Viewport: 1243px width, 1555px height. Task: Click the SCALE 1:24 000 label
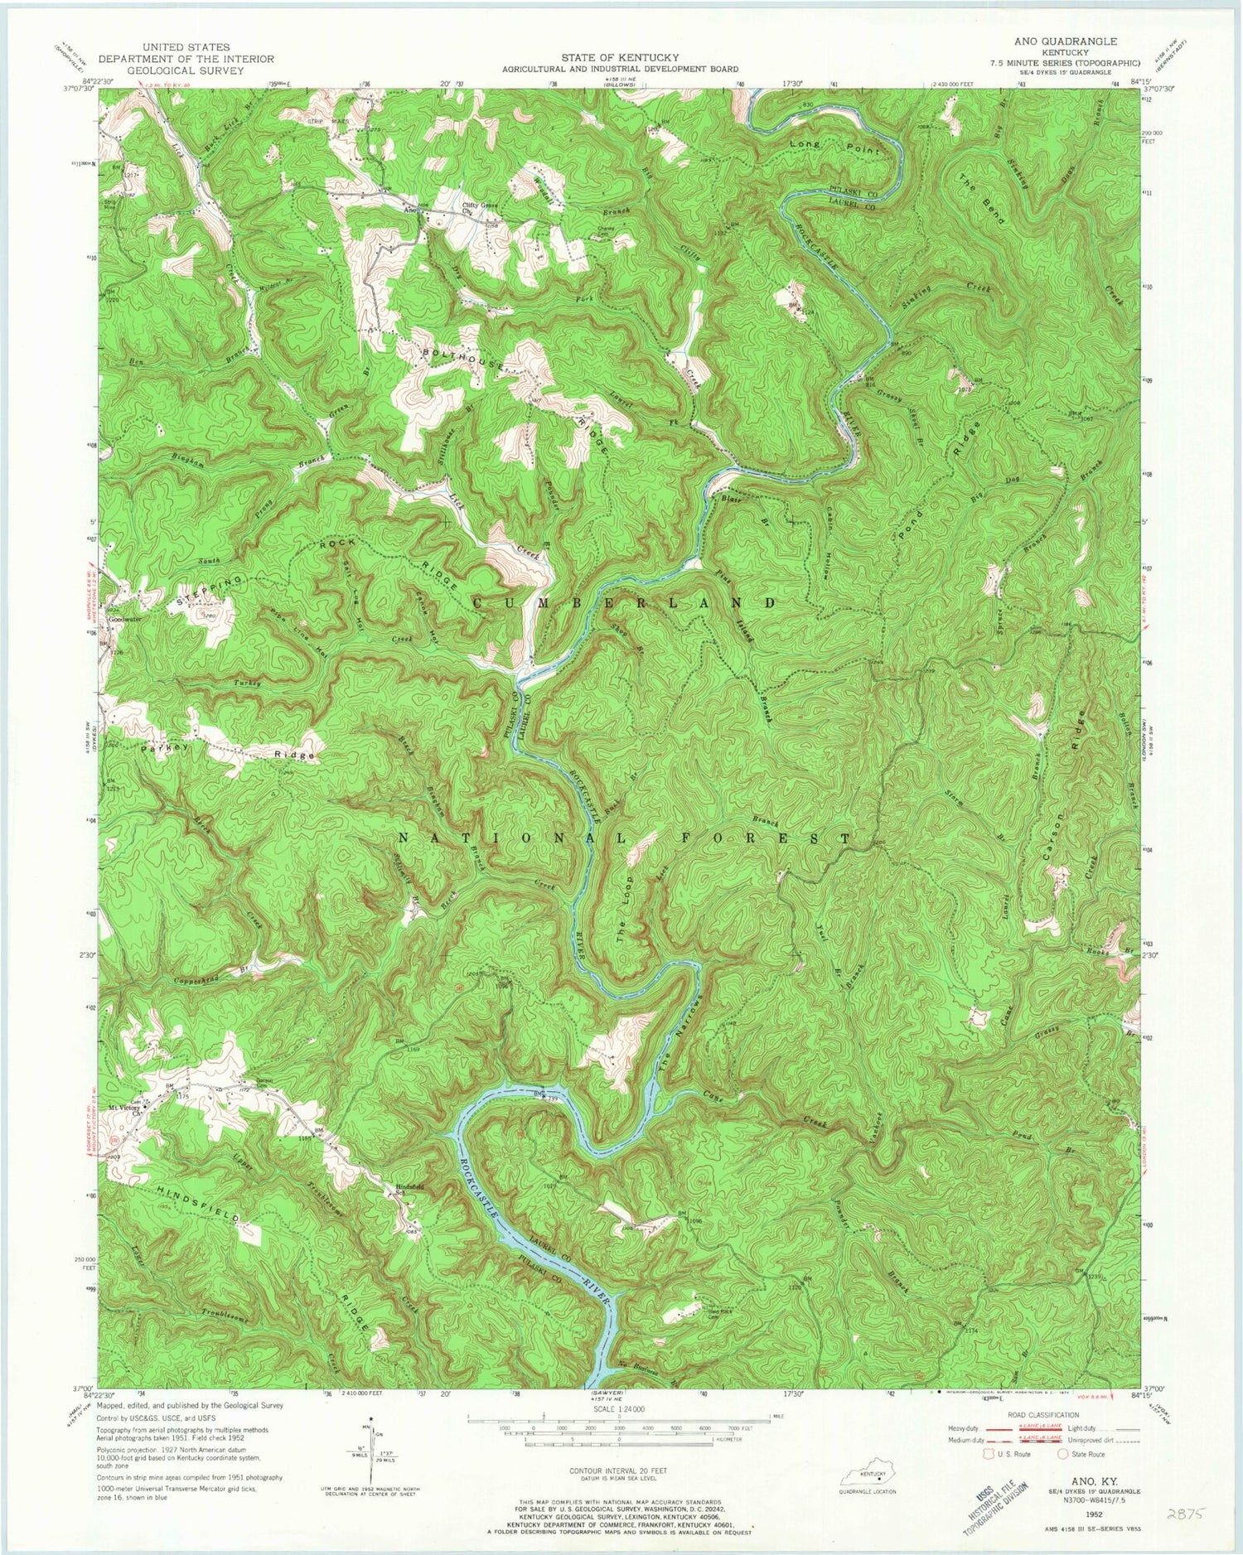(x=620, y=1408)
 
